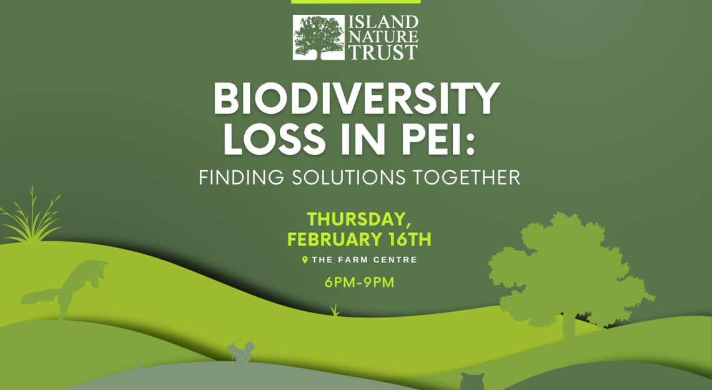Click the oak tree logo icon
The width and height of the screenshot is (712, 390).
pyautogui.click(x=319, y=37)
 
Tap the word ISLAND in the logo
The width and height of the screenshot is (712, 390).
pyautogui.click(x=383, y=22)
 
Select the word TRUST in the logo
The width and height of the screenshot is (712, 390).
pyautogui.click(x=383, y=52)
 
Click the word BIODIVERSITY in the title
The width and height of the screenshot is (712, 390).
pyautogui.click(x=357, y=99)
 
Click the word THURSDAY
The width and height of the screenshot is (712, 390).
pyautogui.click(x=357, y=219)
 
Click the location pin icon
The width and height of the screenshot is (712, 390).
pyautogui.click(x=305, y=260)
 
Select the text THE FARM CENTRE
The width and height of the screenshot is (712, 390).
pyautogui.click(x=365, y=260)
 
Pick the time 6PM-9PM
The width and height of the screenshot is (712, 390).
pyautogui.click(x=359, y=282)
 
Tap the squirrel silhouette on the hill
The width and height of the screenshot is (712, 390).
pyautogui.click(x=240, y=352)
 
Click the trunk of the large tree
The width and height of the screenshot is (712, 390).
pyautogui.click(x=568, y=325)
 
